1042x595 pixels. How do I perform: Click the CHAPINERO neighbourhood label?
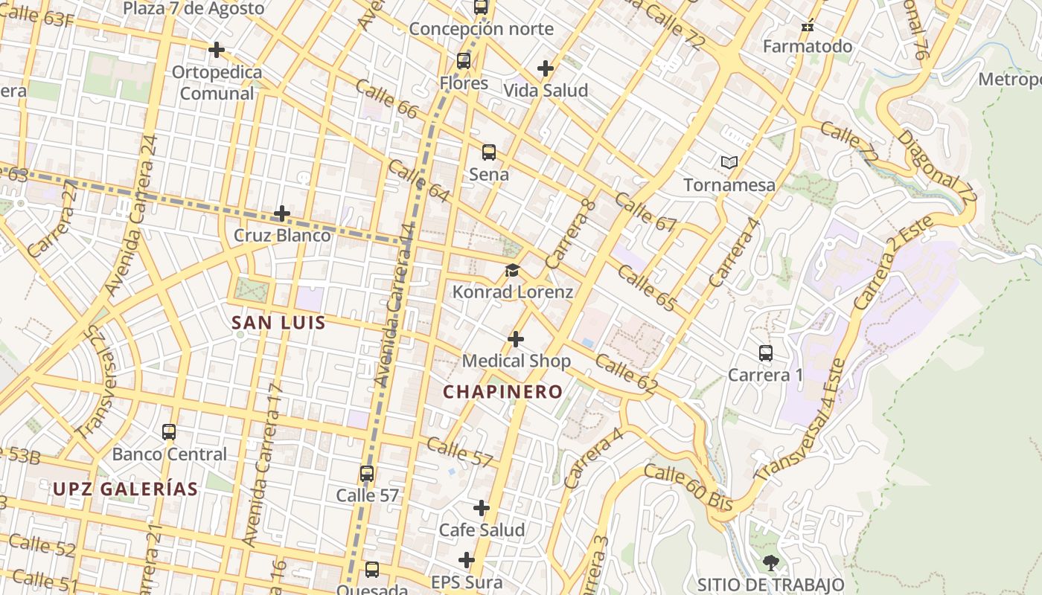(503, 392)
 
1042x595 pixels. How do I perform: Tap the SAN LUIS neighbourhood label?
(278, 323)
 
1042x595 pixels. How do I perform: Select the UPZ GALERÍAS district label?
(126, 489)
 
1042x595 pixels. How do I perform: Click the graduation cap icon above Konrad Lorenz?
(512, 270)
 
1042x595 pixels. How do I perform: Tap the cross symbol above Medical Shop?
(515, 340)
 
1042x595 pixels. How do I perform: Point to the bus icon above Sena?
(489, 152)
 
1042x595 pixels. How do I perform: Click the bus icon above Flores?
(464, 61)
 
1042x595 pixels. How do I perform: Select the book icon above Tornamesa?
(729, 162)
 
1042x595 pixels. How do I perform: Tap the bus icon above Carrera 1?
(765, 353)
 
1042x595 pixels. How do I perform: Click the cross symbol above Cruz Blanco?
(282, 213)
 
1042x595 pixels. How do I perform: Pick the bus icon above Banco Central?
(169, 431)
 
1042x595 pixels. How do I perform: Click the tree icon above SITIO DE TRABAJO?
(771, 563)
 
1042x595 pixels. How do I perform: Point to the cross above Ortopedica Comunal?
(217, 50)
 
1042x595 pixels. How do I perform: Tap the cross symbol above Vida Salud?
(546, 68)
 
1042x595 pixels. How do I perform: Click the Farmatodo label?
(808, 47)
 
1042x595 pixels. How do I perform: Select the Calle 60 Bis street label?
(688, 488)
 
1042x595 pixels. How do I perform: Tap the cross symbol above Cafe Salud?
(482, 508)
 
